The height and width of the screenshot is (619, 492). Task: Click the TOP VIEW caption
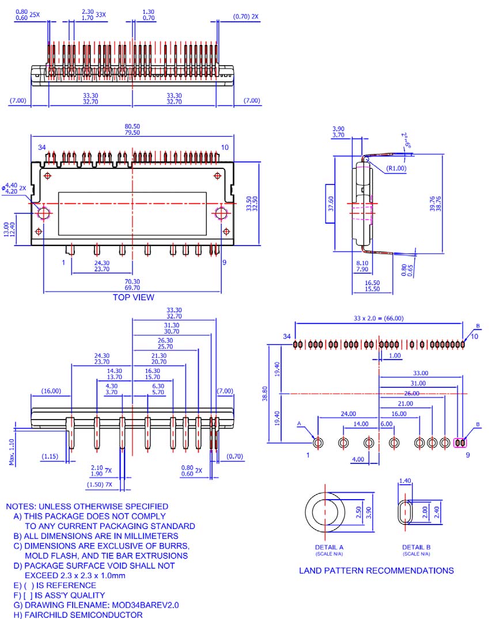pos(133,297)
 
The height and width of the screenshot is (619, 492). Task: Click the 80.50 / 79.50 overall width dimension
pos(133,130)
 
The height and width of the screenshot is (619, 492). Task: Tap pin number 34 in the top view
pos(42,148)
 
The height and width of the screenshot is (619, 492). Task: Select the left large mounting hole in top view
pos(44,213)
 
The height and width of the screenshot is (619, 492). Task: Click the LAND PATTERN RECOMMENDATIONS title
pos(376,571)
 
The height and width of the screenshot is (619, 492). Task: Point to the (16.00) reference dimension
pos(51,391)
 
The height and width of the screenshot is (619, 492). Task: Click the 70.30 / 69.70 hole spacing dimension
pos(133,285)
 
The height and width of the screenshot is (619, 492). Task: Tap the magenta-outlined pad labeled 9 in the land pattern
pos(460,443)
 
